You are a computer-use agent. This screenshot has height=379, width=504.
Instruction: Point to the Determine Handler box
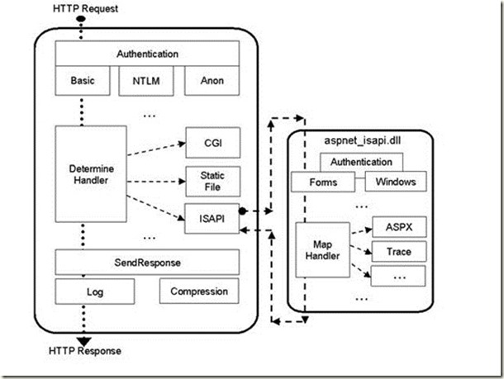coord(84,173)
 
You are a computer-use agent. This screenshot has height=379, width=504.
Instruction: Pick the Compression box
coord(199,291)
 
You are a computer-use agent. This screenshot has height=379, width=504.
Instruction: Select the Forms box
coord(323,182)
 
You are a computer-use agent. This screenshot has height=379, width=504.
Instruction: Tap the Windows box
coord(395,182)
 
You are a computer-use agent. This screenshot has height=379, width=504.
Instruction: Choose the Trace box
coord(398,250)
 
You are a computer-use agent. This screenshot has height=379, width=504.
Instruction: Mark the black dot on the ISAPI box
coord(244,211)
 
